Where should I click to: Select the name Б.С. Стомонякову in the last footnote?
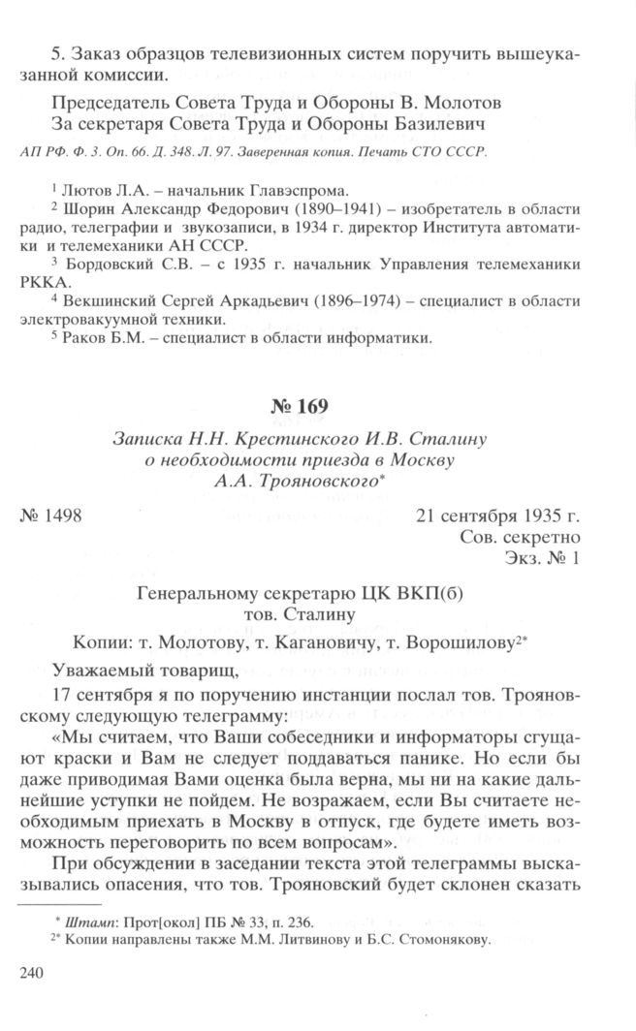pos(442,939)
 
